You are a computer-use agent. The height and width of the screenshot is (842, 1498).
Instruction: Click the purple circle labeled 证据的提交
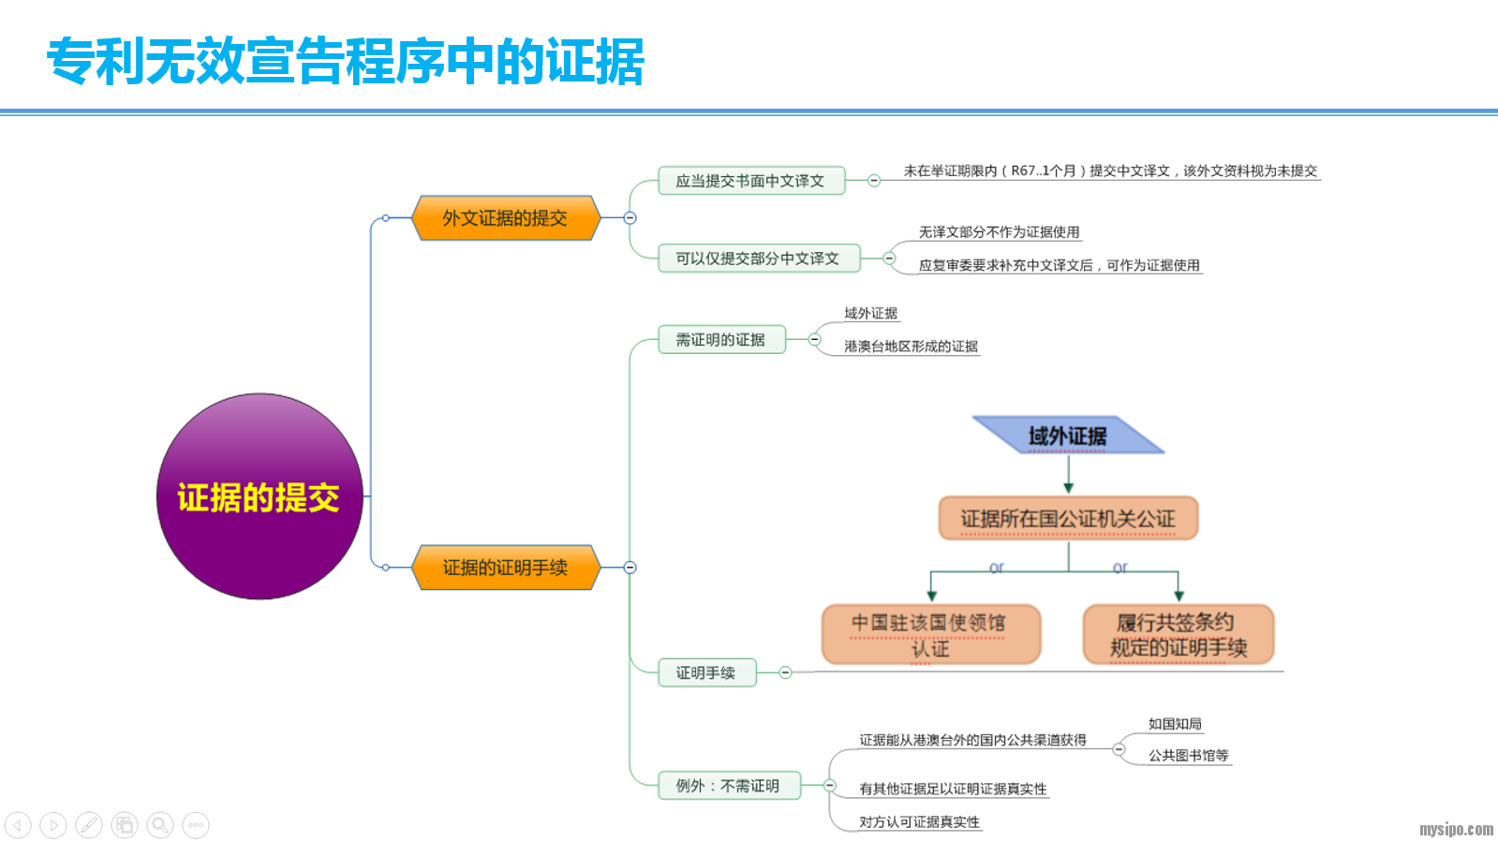coord(260,496)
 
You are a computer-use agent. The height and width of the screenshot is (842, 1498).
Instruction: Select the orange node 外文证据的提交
coord(505,218)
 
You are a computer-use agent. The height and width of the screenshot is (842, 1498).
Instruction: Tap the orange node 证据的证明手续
coord(505,568)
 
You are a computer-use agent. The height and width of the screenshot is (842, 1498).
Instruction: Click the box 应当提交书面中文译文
coord(750,181)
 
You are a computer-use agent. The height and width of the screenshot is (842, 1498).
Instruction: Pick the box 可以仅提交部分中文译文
coord(757,259)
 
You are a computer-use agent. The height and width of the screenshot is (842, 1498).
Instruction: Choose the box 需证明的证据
coord(720,340)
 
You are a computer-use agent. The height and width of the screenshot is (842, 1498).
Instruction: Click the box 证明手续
coord(705,672)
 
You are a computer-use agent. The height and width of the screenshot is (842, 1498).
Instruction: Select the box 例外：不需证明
coord(728,786)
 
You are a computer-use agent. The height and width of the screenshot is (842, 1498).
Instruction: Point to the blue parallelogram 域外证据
coord(1068,436)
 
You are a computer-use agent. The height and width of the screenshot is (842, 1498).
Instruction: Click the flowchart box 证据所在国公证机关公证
coord(1068,519)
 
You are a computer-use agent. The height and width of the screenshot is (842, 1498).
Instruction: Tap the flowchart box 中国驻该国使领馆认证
coord(930,635)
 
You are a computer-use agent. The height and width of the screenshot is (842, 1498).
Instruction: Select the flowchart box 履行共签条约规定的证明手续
coord(1179,635)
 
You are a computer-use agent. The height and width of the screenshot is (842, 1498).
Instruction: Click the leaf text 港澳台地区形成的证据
coord(911,347)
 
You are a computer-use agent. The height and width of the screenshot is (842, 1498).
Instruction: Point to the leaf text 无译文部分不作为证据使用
coord(999,232)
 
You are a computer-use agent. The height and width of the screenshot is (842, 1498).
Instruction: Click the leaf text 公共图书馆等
coord(1188,756)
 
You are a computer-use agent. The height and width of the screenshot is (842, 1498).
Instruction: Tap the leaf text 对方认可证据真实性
coord(919,822)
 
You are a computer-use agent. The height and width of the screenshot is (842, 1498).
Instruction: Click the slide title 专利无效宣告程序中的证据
coord(346,62)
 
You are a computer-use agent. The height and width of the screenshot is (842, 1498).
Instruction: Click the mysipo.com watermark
coord(1456,829)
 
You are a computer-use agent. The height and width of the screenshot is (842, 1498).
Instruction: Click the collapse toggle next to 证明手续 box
coord(785,672)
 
